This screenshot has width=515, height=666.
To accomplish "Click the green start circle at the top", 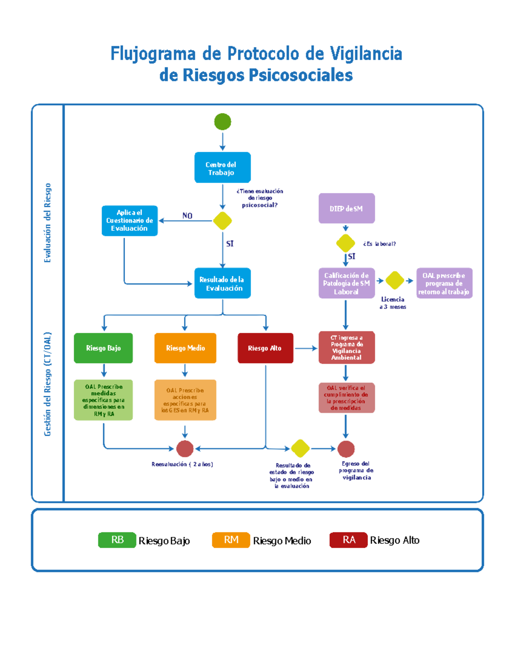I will click(x=222, y=122).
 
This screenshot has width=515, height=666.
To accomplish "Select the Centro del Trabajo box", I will click(x=222, y=168).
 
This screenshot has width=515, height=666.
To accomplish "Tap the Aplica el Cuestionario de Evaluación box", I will click(x=130, y=221).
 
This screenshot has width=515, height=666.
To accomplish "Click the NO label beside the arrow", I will click(x=187, y=216).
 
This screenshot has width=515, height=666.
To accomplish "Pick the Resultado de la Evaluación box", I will click(x=222, y=283).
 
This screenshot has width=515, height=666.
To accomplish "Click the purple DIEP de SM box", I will click(x=346, y=208).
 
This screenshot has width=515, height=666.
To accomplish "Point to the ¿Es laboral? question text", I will click(x=379, y=244).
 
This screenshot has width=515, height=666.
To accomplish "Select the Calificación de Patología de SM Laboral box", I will click(x=346, y=283).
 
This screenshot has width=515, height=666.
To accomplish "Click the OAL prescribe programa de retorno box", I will click(x=444, y=283).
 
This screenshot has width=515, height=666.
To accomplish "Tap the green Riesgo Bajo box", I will click(x=103, y=348).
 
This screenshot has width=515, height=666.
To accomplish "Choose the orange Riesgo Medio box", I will click(x=185, y=348).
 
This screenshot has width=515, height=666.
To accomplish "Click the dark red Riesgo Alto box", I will click(x=265, y=348).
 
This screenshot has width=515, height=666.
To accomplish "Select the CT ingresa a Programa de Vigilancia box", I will click(x=346, y=348).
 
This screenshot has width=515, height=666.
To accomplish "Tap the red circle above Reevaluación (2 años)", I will click(x=185, y=449).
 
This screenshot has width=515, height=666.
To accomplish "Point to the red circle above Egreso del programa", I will click(x=346, y=449).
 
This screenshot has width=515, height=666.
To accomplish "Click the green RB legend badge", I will click(x=117, y=540).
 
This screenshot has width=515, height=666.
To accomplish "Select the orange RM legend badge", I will click(x=231, y=540).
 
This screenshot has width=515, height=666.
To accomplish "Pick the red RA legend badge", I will click(x=348, y=540).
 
